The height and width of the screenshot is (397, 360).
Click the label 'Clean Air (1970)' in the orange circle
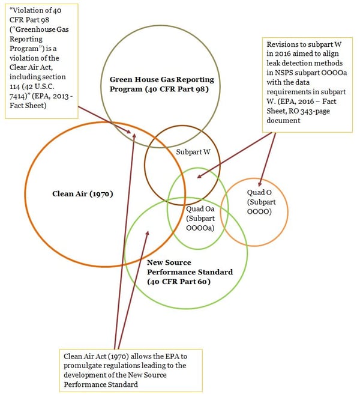pos(83,194)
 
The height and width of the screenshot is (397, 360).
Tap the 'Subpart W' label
pos(193,152)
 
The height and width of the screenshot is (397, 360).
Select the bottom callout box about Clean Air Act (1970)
pos(131,369)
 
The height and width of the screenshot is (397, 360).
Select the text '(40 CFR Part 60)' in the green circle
pos(179,282)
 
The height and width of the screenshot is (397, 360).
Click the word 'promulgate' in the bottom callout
pos(82,365)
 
